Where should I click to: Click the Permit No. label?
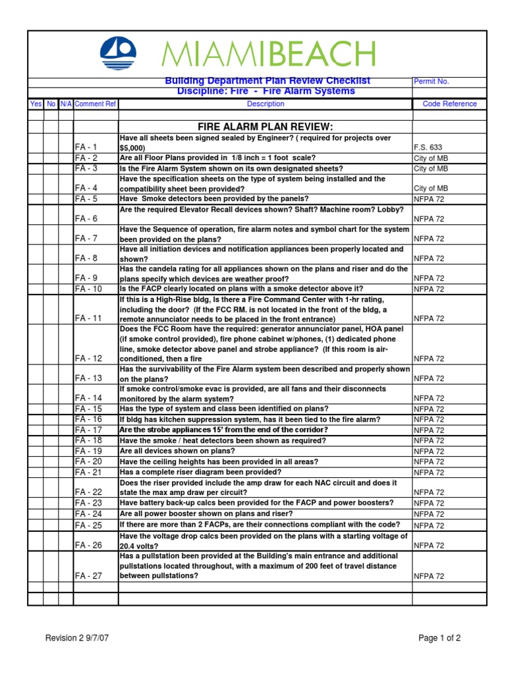coord(432,81)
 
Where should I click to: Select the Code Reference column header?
coord(449,103)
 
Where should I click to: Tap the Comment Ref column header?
coord(96,103)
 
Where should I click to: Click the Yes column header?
coord(36,103)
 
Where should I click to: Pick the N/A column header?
coord(66,103)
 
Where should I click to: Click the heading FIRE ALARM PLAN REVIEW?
coord(266,127)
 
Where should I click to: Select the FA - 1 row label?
coord(86,148)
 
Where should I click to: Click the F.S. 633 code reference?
coord(428,148)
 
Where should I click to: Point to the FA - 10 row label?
coord(88,289)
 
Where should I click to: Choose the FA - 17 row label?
coord(88,430)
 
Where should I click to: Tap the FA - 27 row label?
coord(88,575)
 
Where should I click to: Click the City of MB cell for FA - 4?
coord(431,189)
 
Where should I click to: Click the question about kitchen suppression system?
coord(250,419)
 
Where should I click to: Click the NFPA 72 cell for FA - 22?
coord(429,492)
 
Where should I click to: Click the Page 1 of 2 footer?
coord(439,637)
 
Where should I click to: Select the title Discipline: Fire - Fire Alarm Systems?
coord(266,91)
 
